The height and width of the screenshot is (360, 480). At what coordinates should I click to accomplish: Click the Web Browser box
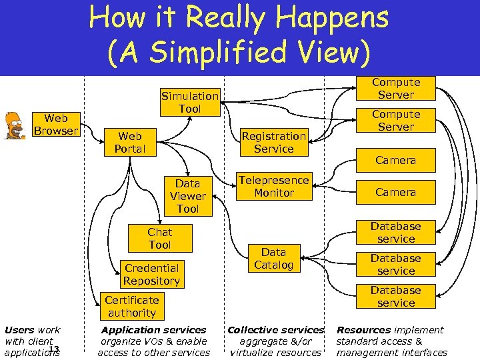tap(56, 124)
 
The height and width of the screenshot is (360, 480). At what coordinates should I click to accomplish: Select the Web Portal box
tap(129, 142)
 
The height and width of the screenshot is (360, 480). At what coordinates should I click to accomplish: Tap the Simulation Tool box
tap(189, 102)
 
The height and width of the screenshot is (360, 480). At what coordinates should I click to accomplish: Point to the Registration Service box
tap(273, 142)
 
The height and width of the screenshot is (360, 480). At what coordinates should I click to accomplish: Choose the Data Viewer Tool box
tap(187, 196)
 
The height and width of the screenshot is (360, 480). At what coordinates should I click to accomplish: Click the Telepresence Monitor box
tap(273, 186)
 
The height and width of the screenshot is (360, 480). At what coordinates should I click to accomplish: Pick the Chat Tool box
tap(159, 238)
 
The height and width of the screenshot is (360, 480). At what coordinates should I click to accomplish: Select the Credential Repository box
tap(151, 274)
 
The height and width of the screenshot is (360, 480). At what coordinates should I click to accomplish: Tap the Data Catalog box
tap(273, 258)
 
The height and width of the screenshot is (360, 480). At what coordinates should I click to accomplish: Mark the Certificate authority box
tap(131, 306)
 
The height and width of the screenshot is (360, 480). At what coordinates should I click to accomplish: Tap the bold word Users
tap(19, 329)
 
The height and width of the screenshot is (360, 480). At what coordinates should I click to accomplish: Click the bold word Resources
tap(363, 329)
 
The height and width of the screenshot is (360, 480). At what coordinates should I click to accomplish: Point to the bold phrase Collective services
tap(275, 329)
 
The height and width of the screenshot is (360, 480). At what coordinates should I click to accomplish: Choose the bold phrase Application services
tap(153, 329)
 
